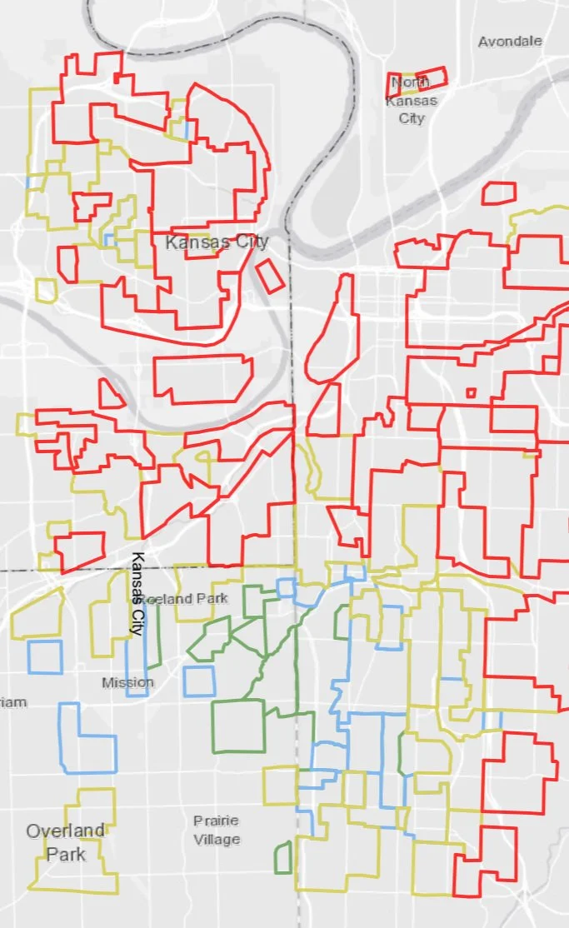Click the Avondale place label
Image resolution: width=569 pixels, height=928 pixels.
(510, 41)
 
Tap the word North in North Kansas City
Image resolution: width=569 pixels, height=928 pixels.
(410, 82)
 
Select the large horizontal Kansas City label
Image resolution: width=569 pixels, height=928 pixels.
(217, 242)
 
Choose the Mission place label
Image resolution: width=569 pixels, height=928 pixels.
(127, 682)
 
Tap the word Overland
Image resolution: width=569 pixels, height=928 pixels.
(65, 831)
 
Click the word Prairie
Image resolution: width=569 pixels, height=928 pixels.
(217, 821)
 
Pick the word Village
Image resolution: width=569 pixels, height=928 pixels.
(217, 839)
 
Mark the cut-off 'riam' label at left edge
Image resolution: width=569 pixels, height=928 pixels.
(13, 702)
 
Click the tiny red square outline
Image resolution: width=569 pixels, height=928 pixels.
(471, 392)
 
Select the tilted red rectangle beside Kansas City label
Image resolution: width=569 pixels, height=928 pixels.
(270, 276)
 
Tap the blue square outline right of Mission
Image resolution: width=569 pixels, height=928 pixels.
(199, 681)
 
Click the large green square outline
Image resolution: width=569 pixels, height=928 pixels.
(238, 726)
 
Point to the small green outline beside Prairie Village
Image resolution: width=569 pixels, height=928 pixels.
(283, 857)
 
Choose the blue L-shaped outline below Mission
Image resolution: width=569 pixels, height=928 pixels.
(83, 741)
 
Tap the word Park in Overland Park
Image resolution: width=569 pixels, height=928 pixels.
(65, 854)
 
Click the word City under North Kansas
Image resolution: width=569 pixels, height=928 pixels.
(411, 118)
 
